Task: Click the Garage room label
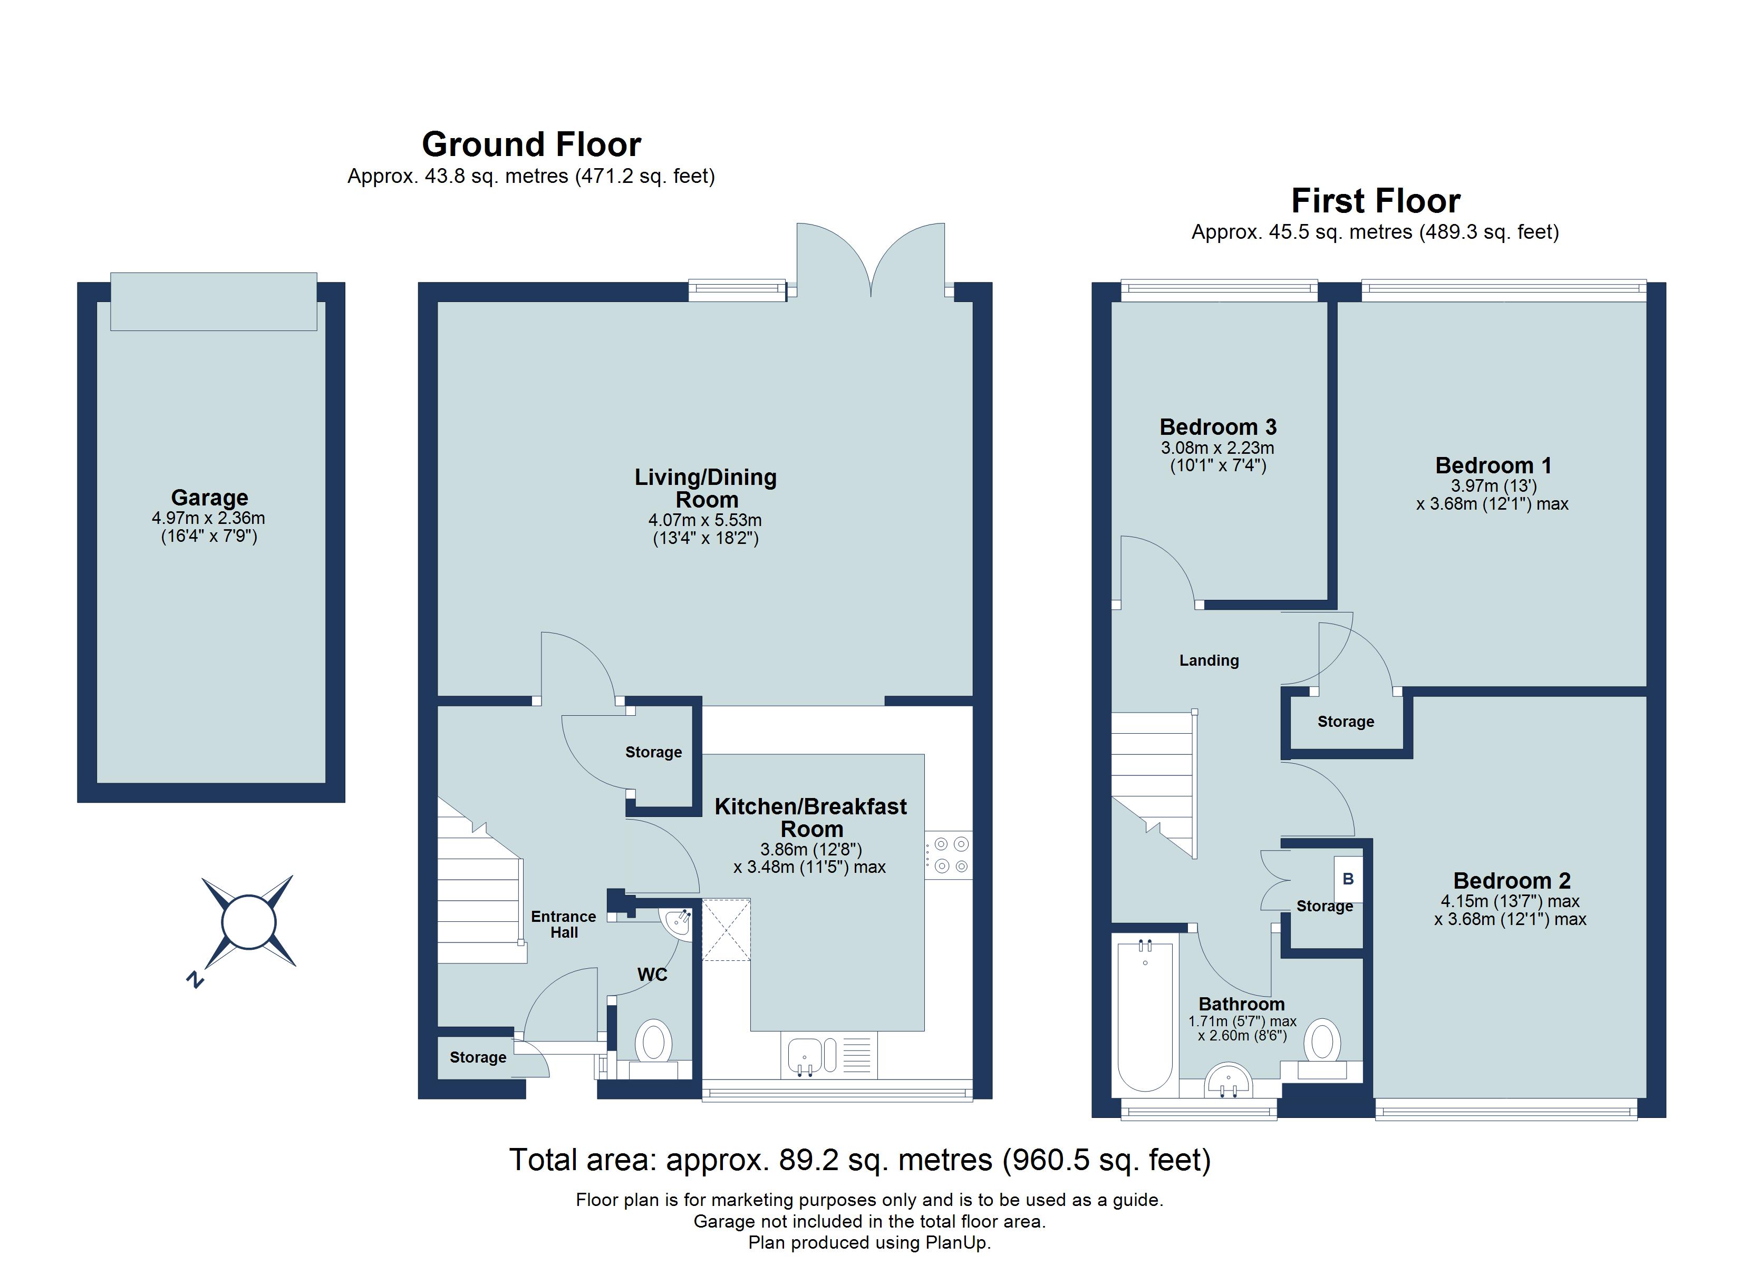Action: (x=209, y=498)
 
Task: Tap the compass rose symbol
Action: (x=248, y=922)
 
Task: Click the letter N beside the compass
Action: (x=195, y=980)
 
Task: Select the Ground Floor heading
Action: (x=531, y=144)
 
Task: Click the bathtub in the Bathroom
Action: (x=1145, y=1016)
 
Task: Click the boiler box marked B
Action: (x=1348, y=879)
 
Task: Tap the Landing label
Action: (x=1209, y=660)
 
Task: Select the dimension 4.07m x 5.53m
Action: (x=704, y=520)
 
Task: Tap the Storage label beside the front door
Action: (x=477, y=1057)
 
